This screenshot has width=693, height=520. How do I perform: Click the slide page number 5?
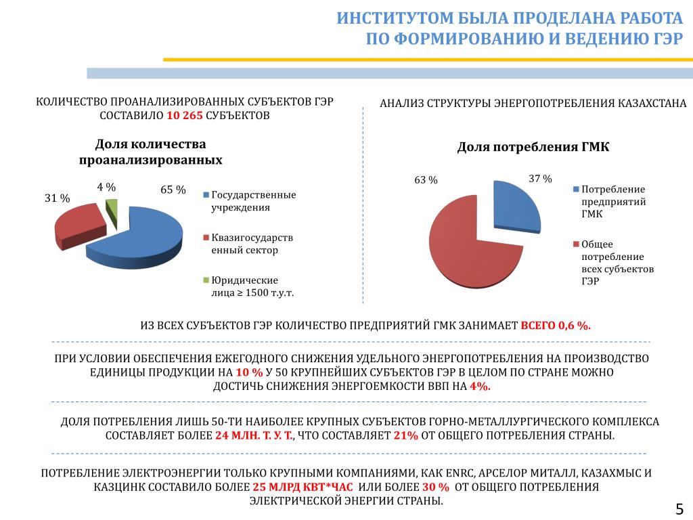tap(679, 508)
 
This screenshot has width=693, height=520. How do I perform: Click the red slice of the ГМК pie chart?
tap(471, 251)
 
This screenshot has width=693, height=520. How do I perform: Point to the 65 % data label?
tap(173, 190)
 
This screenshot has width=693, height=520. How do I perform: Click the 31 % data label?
tap(58, 198)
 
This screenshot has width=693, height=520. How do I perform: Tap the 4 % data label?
tap(106, 187)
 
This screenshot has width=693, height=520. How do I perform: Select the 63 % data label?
tap(426, 180)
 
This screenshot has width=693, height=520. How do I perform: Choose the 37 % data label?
tap(540, 179)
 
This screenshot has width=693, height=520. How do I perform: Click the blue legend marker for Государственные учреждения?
tap(206, 196)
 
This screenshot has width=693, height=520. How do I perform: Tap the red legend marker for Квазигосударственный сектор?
tap(206, 238)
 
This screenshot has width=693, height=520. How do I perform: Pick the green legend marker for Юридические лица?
tap(206, 280)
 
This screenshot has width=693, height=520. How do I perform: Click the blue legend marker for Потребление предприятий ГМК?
tap(575, 190)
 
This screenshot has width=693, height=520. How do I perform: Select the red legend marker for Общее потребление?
tap(575, 244)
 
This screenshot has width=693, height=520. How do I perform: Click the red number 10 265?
tap(184, 116)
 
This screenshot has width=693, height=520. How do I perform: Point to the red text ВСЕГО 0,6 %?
tap(556, 325)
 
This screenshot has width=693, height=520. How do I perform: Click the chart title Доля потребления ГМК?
tap(533, 147)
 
